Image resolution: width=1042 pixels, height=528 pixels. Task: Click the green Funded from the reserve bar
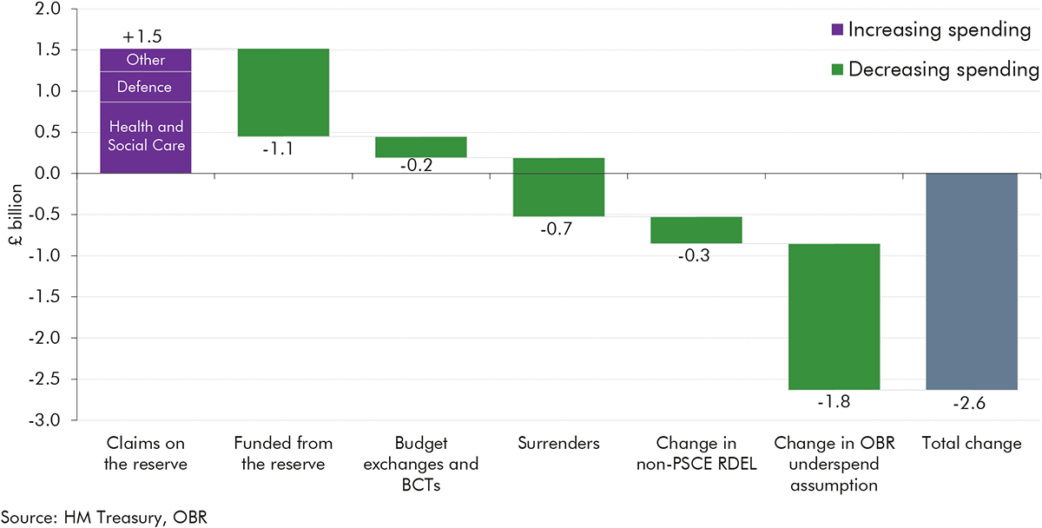(283, 92)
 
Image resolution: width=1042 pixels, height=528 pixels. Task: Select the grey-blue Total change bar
(972, 281)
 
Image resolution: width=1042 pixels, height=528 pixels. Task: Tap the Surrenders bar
(558, 187)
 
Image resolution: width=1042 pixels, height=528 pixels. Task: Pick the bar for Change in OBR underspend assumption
(834, 317)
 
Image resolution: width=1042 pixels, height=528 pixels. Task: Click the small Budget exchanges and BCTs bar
(421, 147)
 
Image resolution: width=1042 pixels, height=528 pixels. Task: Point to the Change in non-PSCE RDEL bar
(696, 230)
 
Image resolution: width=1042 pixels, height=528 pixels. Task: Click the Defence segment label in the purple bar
(145, 87)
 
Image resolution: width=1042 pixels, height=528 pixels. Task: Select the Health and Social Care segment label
(145, 136)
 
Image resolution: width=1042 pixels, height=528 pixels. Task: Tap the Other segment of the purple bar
(145, 61)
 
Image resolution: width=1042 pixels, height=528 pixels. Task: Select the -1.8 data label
(834, 403)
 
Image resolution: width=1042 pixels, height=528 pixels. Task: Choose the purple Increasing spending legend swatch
(836, 30)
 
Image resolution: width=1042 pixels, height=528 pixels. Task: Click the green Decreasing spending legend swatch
(836, 69)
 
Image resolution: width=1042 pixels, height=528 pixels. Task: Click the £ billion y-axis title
(15, 214)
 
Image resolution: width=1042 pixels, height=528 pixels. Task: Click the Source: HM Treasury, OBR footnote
(104, 518)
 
